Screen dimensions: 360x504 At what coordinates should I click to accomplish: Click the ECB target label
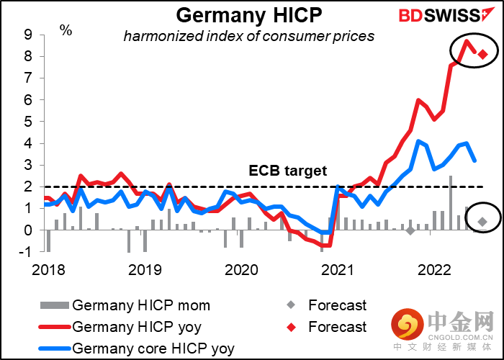[288, 171]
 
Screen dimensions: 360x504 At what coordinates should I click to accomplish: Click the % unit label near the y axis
[66, 30]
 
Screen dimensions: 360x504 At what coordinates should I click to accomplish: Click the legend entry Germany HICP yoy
[136, 327]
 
